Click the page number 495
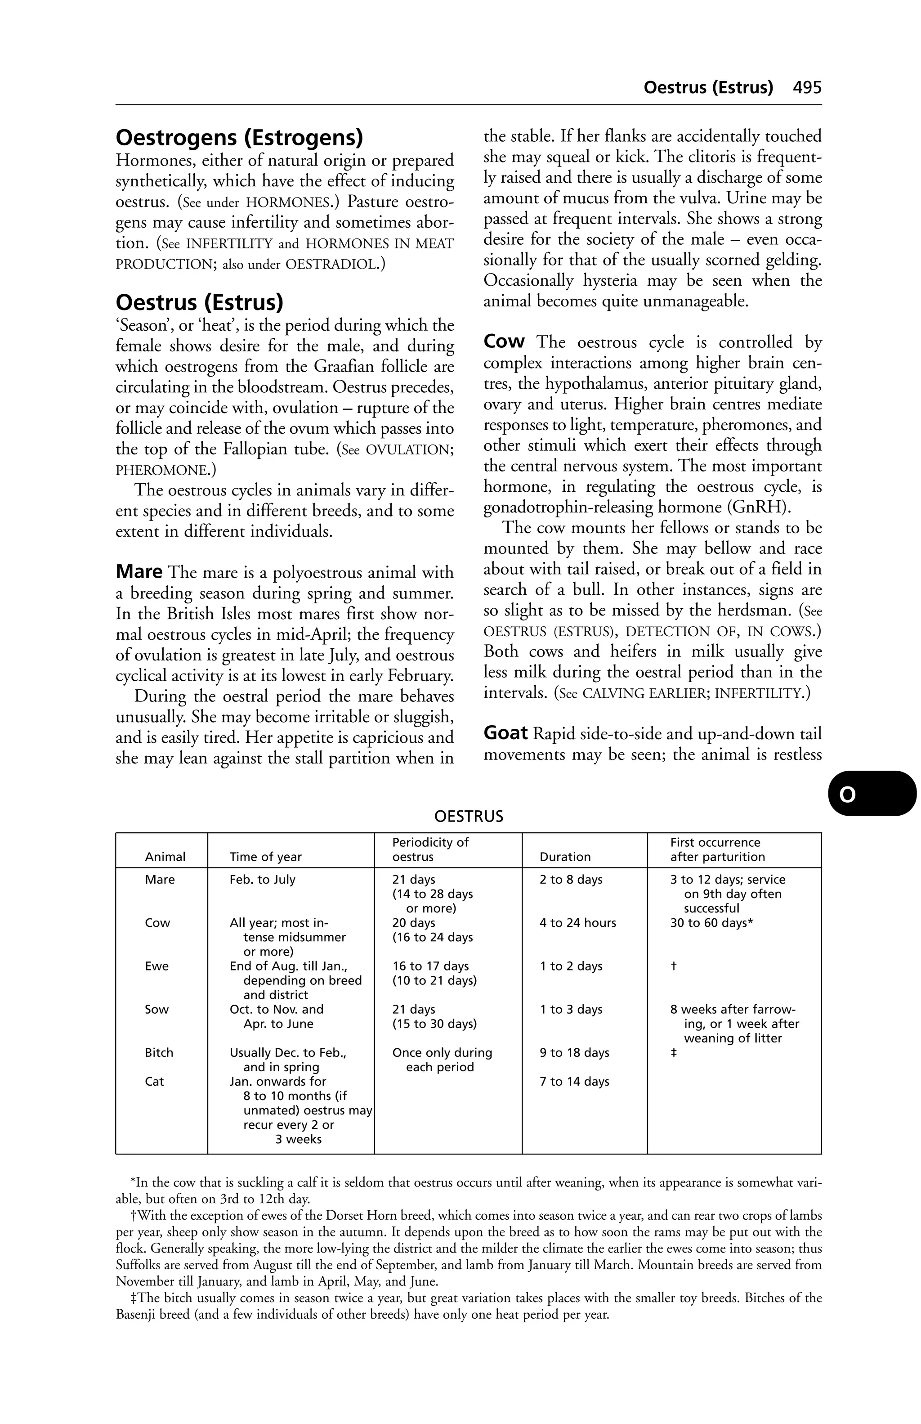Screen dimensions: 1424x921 click(x=807, y=88)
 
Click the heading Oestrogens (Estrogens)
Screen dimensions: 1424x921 click(x=239, y=138)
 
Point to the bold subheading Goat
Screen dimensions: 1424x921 click(x=505, y=733)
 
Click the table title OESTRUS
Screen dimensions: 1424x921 click(x=468, y=817)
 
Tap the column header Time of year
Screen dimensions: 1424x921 click(x=265, y=857)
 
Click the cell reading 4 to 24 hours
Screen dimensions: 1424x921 click(x=577, y=923)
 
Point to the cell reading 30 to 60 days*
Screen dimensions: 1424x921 click(x=711, y=923)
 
